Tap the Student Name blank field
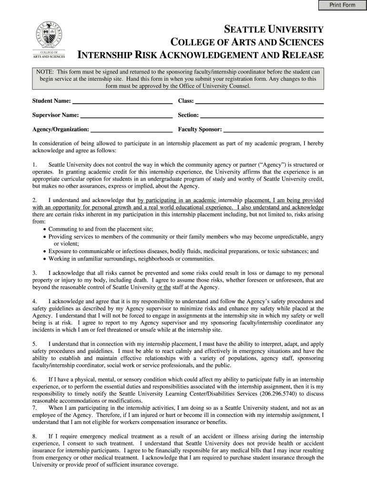(122, 101)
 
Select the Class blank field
(260, 101)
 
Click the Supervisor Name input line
(126, 115)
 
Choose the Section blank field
(262, 115)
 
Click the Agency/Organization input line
(132, 129)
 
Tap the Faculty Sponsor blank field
(274, 129)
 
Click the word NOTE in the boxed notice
(45, 71)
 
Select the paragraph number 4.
(34, 301)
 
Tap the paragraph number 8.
(34, 436)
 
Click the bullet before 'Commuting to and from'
(45, 229)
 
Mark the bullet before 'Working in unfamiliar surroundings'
(45, 259)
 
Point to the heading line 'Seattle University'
(275, 29)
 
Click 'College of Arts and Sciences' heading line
(247, 42)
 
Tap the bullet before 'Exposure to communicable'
(45, 251)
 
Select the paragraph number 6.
(34, 380)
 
